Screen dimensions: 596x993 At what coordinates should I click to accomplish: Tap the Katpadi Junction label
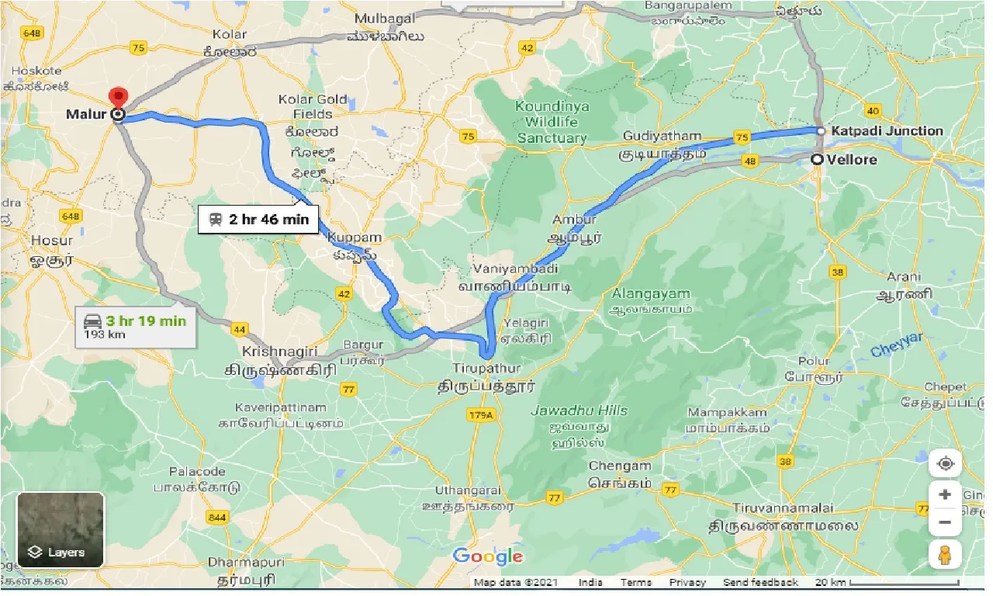887,130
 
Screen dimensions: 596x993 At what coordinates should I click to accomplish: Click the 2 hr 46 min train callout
258,220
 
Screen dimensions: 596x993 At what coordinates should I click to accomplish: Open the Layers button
61,530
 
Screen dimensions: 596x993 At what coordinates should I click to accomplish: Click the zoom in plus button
945,494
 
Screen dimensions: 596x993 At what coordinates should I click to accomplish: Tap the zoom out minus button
945,521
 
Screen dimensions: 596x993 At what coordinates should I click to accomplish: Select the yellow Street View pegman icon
945,555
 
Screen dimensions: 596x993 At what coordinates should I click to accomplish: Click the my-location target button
945,464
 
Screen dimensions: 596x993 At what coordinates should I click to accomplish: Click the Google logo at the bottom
488,556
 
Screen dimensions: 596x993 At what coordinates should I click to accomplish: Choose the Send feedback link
760,582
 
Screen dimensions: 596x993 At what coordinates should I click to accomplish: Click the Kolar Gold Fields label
312,106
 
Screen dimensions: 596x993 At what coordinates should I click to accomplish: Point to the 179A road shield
481,416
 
